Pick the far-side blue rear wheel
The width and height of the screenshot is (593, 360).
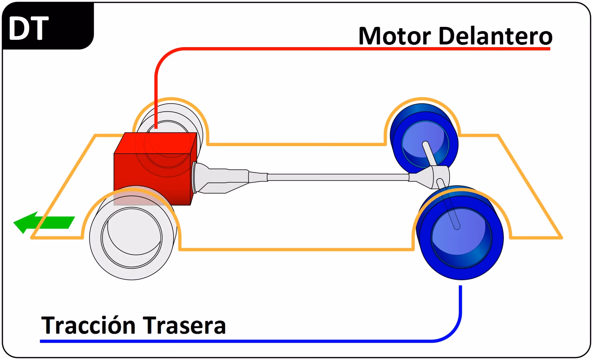[x=423, y=136]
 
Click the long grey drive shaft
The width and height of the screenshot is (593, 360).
[x=337, y=177]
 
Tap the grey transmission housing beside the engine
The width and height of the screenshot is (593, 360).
[x=219, y=181]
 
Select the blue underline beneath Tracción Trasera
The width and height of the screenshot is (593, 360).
[x=216, y=341]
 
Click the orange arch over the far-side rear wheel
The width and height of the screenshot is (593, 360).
[x=422, y=99]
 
